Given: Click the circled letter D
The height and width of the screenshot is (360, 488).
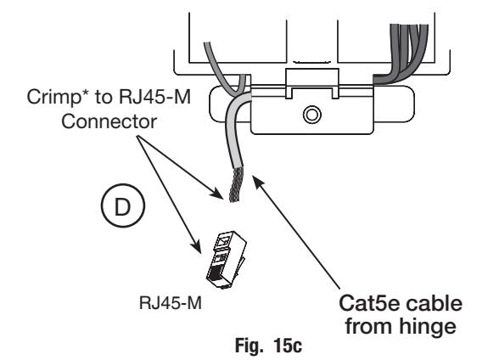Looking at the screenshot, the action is pyautogui.click(x=123, y=205).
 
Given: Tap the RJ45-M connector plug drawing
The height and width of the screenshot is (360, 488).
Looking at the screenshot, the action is pyautogui.click(x=226, y=260).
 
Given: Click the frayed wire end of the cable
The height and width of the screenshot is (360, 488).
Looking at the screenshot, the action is pyautogui.click(x=236, y=184).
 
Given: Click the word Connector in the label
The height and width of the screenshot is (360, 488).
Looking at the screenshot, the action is pyautogui.click(x=109, y=121).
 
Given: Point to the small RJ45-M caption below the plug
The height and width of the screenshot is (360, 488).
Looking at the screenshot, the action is pyautogui.click(x=171, y=303).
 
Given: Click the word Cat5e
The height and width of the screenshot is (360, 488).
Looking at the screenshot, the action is pyautogui.click(x=368, y=303).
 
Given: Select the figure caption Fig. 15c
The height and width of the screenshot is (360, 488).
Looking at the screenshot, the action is pyautogui.click(x=268, y=346).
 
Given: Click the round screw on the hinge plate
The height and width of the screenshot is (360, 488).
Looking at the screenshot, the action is pyautogui.click(x=311, y=115).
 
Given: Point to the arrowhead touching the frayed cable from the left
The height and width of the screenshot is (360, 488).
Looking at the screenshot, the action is pyautogui.click(x=217, y=193).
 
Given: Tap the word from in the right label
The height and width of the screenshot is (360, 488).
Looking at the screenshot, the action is pyautogui.click(x=369, y=325).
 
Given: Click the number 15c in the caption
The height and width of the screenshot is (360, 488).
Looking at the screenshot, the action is pyautogui.click(x=288, y=346).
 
